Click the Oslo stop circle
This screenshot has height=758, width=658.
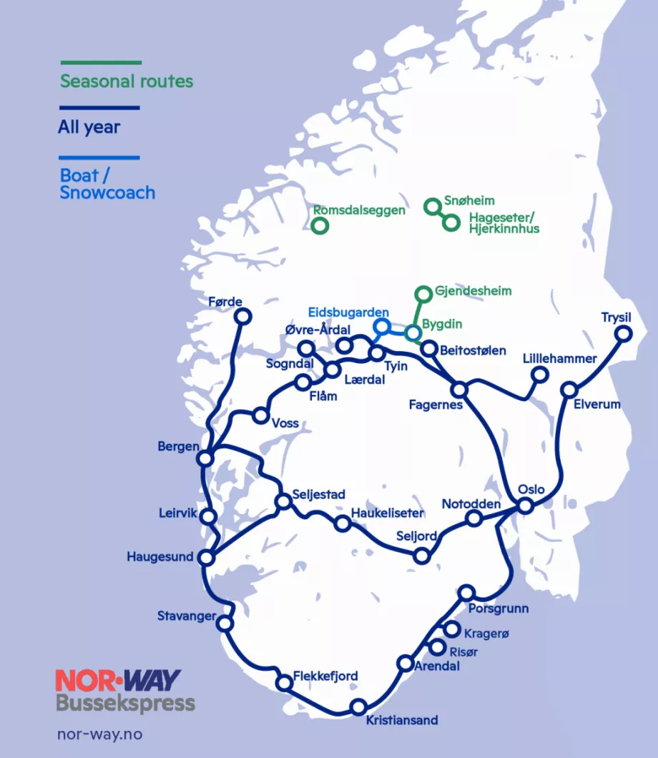pos(525,506)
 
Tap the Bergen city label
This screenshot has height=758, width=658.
pos(179,447)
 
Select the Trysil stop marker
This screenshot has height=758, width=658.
pos(624,333)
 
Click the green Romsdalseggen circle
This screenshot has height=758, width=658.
pos(320,225)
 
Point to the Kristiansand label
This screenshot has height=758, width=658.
pos(401,720)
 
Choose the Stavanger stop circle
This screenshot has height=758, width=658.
pos(225,624)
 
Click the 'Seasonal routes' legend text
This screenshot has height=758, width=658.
pos(127,81)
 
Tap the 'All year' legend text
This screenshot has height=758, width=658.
pos(89,128)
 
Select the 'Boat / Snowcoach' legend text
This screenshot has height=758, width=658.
pos(107,184)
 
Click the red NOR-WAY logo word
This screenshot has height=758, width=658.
pos(118,679)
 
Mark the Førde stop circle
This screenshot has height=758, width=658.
pos(242,316)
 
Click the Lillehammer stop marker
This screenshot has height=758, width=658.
pos(540,374)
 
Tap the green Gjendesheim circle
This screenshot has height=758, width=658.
pos(423,292)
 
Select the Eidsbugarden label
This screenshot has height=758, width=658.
pos(348,312)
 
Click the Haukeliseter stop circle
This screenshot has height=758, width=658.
pos(343,524)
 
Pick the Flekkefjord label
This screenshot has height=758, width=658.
pos(325,676)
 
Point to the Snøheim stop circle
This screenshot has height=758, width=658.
pos(431,207)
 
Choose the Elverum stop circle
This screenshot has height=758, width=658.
pos(569,390)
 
